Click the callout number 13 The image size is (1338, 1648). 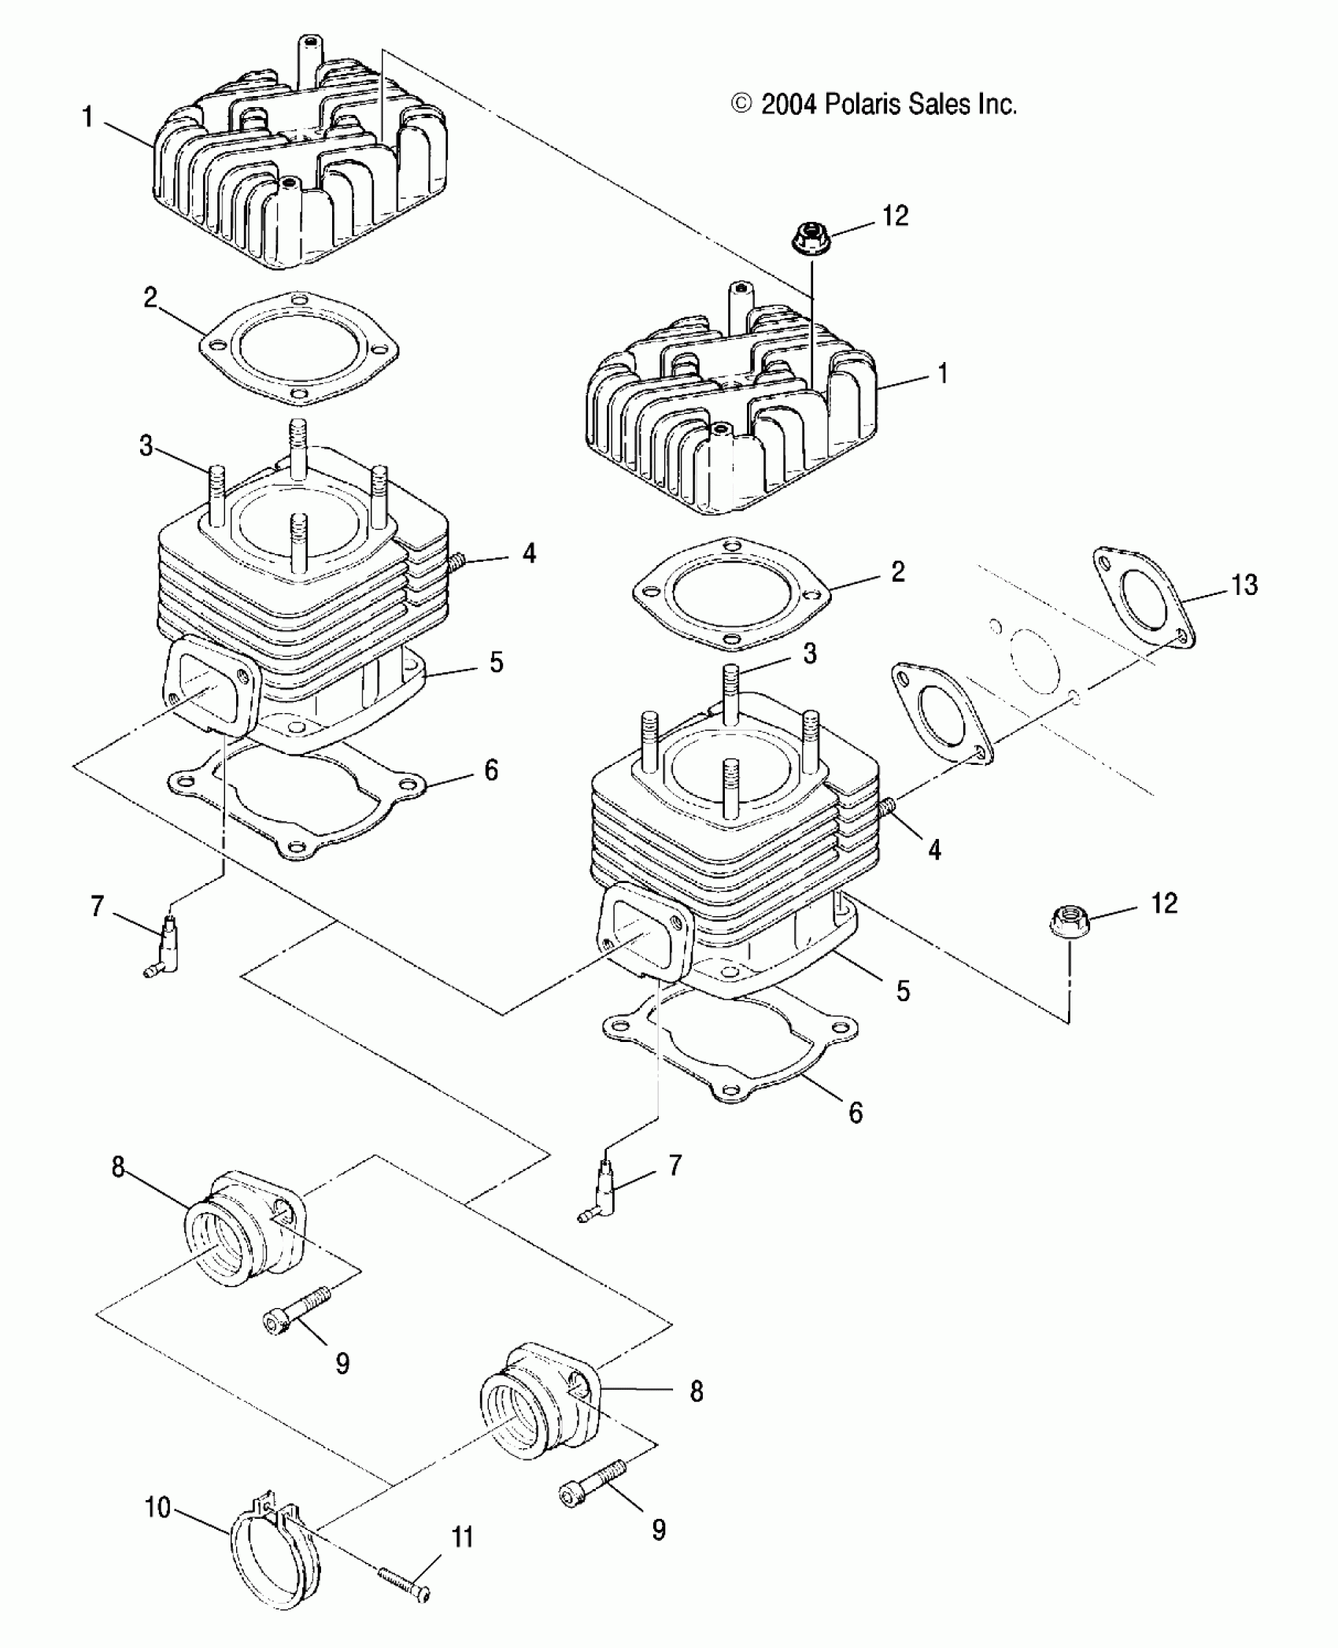(x=1244, y=585)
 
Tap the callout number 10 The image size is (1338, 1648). (x=157, y=1508)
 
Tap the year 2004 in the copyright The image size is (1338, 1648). (x=790, y=104)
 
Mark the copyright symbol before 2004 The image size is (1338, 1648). (x=741, y=104)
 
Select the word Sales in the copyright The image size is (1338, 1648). (x=940, y=104)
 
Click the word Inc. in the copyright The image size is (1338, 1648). (x=997, y=104)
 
